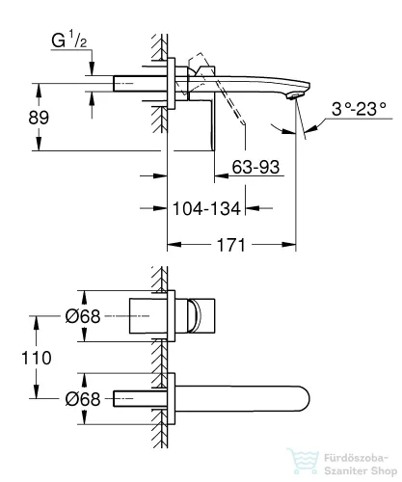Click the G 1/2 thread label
[x=69, y=40]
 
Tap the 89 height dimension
[x=39, y=118]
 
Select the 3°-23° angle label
[x=359, y=109]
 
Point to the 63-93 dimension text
[x=255, y=167]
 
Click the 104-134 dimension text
[x=206, y=208]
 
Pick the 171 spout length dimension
[x=231, y=245]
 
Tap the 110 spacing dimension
[x=37, y=358]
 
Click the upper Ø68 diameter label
[x=83, y=316]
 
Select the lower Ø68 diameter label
[x=83, y=399]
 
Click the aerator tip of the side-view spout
[x=295, y=95]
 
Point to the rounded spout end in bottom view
[x=305, y=399]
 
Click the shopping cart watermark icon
[x=304, y=461]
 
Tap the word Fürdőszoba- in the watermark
[x=357, y=458]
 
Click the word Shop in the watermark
[x=384, y=471]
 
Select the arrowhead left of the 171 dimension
[x=174, y=245]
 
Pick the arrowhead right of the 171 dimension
[x=289, y=245]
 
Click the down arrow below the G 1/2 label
[x=93, y=68]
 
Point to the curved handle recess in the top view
[x=196, y=316]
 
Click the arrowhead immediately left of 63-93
[x=222, y=175]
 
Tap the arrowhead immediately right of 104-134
[x=253, y=208]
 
